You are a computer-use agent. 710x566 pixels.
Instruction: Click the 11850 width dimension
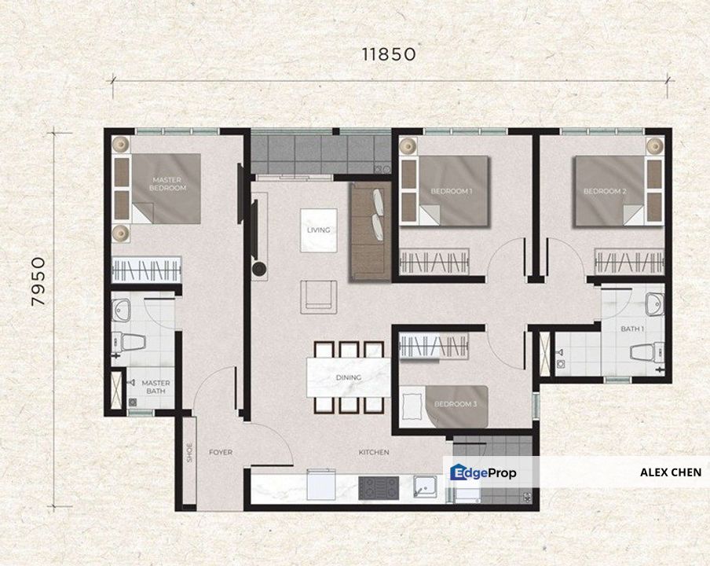pos(388,54)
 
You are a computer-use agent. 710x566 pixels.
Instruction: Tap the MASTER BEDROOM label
pos(168,184)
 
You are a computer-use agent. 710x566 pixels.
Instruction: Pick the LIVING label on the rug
pos(319,230)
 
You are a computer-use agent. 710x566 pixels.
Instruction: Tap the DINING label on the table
pos(348,377)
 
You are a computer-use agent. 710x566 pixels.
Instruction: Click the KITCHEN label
pos(374,452)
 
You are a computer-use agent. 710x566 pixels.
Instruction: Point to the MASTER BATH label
pos(156,388)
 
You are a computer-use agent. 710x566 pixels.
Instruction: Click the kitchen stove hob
pos(379,488)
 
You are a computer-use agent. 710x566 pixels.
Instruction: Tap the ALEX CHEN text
pos(670,473)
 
